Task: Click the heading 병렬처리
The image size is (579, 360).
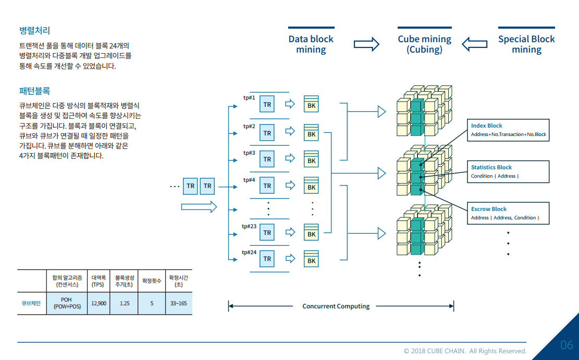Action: point(34,31)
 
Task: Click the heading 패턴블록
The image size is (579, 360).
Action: point(34,91)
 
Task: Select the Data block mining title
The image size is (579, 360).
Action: point(311,44)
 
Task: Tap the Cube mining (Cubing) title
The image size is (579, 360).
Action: point(424,44)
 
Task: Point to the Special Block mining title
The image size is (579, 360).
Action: point(526,44)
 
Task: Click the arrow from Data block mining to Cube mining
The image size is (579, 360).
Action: point(366,44)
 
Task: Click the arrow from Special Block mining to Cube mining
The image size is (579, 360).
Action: point(474,44)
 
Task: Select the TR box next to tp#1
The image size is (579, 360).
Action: point(267,104)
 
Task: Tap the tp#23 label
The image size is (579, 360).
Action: point(249,226)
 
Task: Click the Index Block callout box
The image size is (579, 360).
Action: point(508,130)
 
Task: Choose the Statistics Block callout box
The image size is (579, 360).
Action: point(508,171)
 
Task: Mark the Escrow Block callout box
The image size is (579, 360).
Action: point(508,213)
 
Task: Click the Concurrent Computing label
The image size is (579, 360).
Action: point(336,306)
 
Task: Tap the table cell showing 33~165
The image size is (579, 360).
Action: point(178,303)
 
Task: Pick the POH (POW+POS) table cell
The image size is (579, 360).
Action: point(67,303)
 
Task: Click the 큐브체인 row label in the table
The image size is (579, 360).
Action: point(31,303)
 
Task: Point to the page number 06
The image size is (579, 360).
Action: point(566,345)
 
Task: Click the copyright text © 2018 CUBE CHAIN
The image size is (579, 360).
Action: point(465,351)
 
